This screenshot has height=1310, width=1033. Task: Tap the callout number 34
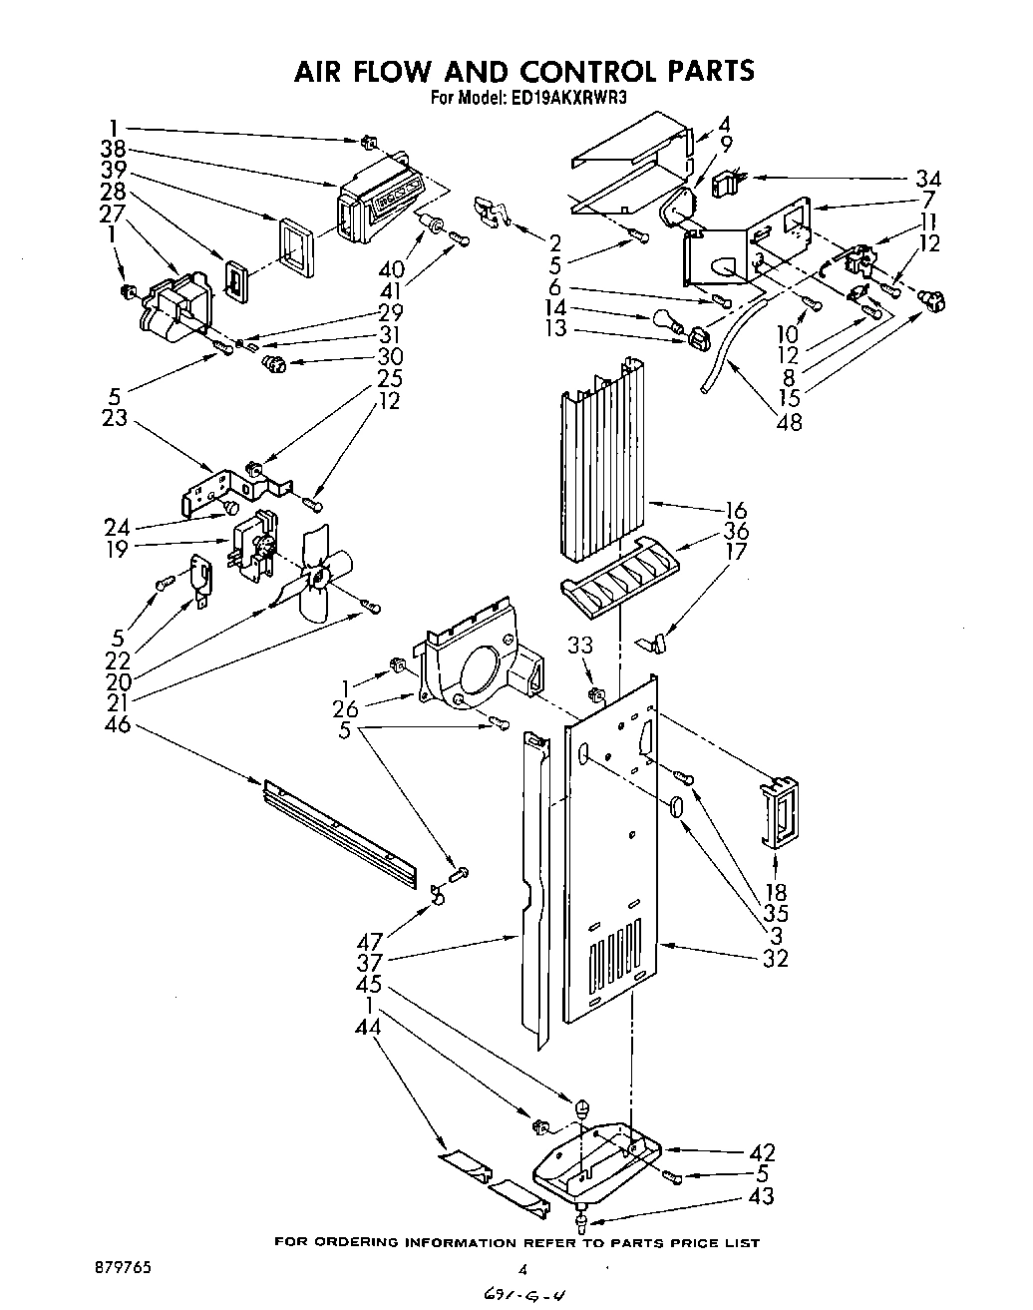coord(927,180)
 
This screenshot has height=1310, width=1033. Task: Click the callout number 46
coord(117,724)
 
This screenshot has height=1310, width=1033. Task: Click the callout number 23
coord(116,419)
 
